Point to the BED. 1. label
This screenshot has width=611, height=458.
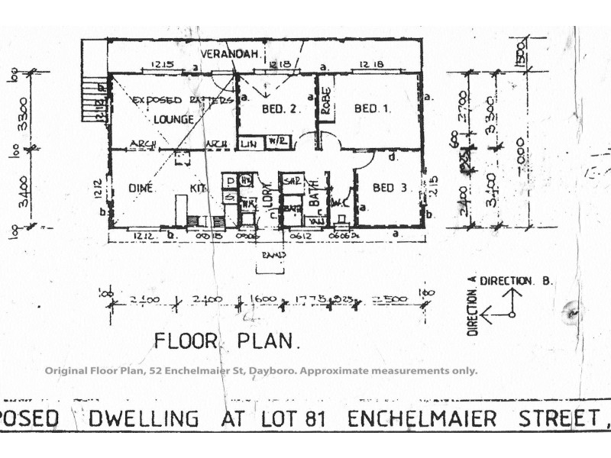373,108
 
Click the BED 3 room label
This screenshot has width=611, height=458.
390,188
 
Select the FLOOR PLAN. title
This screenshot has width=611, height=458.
227,341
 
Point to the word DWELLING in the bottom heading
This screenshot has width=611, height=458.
144,419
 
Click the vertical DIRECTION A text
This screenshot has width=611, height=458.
472,305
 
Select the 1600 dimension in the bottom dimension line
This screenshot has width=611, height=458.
256,299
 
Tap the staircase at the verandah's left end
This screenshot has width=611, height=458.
92,97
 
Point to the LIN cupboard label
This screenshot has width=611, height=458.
248,143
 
